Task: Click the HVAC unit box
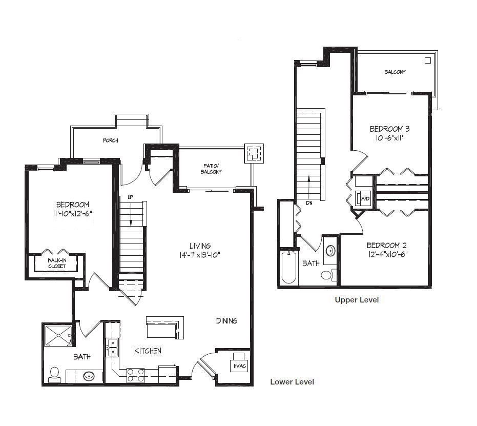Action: click(239, 362)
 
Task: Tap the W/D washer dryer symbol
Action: click(363, 198)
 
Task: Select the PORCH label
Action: click(111, 140)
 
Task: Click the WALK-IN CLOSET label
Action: click(57, 263)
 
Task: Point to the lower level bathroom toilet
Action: click(54, 375)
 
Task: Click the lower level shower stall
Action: click(58, 336)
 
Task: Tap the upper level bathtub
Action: click(288, 268)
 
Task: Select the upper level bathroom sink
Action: click(330, 251)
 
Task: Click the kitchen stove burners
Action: click(135, 375)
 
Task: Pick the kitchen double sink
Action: click(113, 348)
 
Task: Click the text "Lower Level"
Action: click(292, 382)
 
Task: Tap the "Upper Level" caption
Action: click(357, 300)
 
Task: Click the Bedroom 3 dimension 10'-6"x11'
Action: click(389, 138)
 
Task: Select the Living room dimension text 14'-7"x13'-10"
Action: click(200, 255)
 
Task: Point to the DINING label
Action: click(226, 321)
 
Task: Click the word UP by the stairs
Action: click(130, 197)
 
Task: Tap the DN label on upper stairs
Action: click(309, 203)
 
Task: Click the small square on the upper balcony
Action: click(428, 60)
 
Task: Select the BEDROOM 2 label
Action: click(387, 245)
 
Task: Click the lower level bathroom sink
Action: click(89, 376)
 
